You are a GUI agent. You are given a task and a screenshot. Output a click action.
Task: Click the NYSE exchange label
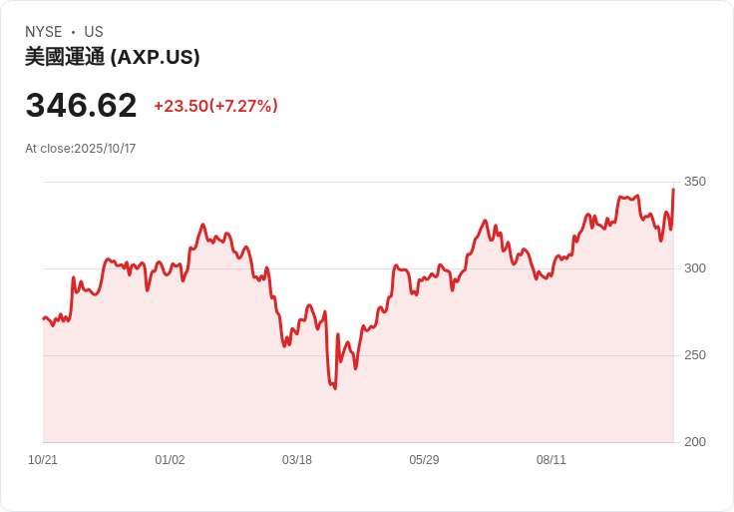(x=44, y=32)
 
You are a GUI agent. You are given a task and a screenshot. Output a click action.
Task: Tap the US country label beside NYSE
(x=94, y=32)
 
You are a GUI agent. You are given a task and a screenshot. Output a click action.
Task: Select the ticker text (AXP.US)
(x=155, y=57)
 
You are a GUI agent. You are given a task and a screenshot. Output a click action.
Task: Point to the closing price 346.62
(x=81, y=106)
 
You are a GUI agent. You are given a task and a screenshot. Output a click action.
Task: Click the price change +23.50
(x=181, y=106)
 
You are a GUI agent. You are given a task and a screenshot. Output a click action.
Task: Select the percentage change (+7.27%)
(x=243, y=106)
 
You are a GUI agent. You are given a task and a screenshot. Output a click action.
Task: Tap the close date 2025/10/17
(x=105, y=149)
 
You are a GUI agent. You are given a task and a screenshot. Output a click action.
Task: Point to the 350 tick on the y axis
(x=694, y=182)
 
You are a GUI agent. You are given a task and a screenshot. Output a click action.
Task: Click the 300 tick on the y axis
(x=694, y=268)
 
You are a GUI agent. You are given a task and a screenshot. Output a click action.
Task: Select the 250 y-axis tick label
(x=694, y=355)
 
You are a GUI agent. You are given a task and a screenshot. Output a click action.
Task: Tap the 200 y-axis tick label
(x=694, y=442)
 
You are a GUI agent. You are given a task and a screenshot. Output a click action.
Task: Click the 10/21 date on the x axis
(x=43, y=460)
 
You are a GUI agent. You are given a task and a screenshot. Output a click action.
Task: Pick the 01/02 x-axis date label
(x=170, y=460)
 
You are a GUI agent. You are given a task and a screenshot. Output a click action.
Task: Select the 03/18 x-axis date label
(x=297, y=460)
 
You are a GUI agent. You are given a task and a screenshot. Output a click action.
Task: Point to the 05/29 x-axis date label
(x=424, y=460)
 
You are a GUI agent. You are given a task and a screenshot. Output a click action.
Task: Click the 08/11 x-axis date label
(x=551, y=460)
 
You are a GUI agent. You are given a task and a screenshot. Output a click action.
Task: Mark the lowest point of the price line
(x=334, y=388)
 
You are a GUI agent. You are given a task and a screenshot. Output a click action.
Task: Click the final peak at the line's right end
(x=673, y=189)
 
